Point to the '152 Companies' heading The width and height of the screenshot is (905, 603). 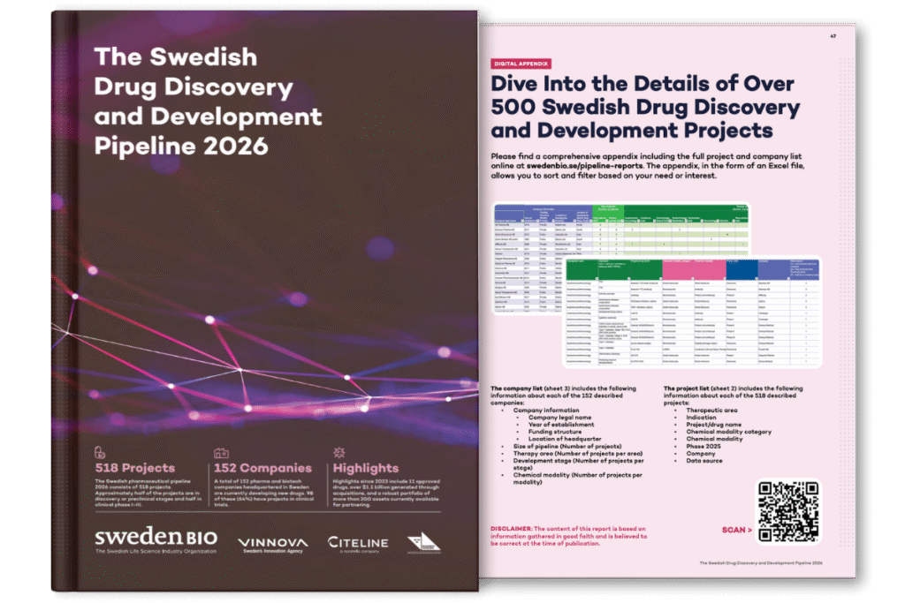[x=262, y=468]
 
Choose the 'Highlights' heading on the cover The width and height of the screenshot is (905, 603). [x=366, y=468]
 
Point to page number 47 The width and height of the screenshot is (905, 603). [x=833, y=36]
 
